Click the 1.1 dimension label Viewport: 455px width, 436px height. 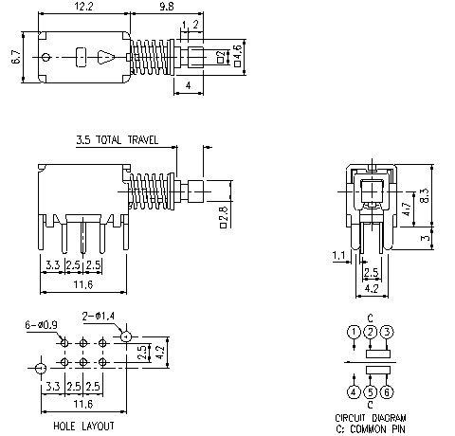[x=340, y=254]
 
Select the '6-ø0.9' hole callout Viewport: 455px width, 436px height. [x=41, y=325]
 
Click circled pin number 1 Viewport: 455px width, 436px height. [x=353, y=332]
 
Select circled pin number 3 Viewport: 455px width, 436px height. [x=387, y=332]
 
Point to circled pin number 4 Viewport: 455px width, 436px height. [x=353, y=391]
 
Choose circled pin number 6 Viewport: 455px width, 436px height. [x=387, y=391]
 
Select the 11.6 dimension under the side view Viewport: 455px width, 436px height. [x=83, y=283]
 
